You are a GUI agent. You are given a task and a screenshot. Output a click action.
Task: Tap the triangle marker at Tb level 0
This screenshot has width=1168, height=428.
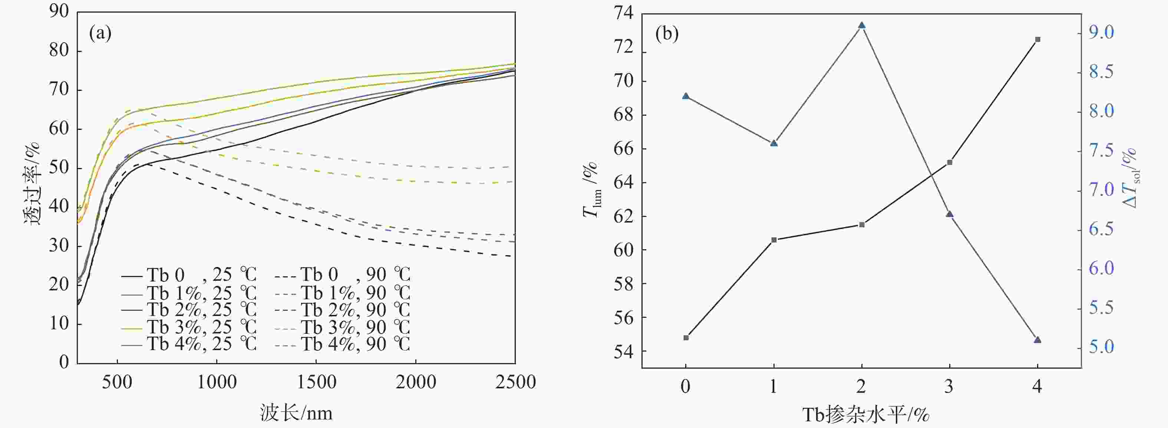point(686,96)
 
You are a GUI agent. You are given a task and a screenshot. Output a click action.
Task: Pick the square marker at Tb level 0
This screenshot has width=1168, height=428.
point(686,338)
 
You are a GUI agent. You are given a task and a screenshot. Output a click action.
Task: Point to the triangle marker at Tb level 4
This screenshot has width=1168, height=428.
point(1037,340)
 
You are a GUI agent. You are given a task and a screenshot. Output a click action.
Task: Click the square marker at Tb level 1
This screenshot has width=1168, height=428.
point(774,240)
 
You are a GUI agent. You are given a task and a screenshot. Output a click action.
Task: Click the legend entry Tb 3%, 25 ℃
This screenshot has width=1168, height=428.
point(189,327)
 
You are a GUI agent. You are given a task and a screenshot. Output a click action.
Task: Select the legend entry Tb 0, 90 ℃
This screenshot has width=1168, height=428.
point(343,275)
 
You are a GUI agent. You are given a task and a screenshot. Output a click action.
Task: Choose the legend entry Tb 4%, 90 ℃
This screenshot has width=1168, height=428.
point(343,345)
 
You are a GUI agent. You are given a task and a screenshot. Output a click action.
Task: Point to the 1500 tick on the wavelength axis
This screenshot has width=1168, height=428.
point(316,382)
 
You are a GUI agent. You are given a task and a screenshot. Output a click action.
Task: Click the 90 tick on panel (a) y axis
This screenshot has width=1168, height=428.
point(59,11)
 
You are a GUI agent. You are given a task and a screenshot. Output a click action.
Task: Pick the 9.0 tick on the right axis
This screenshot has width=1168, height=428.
point(1101,32)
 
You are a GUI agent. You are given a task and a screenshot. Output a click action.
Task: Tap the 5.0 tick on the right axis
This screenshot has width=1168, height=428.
point(1101,347)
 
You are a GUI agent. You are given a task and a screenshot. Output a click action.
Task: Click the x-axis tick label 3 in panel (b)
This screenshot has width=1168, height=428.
point(949,386)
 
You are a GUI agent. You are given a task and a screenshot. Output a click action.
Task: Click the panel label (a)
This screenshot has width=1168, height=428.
point(100,33)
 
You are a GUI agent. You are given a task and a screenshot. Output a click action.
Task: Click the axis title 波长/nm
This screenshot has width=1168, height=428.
point(296,413)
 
